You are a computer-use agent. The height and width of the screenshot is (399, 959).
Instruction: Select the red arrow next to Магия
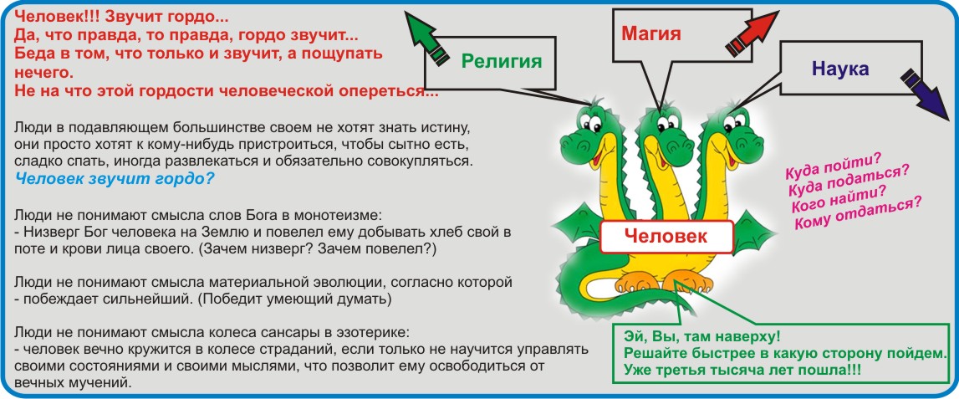753,34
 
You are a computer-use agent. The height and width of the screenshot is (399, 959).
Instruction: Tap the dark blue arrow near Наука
924,89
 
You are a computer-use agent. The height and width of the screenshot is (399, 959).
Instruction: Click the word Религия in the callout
502,61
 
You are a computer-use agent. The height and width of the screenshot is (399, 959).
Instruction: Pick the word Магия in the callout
650,33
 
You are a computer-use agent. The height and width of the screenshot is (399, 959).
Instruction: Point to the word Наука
840,69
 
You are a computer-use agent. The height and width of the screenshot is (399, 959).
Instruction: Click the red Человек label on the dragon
666,238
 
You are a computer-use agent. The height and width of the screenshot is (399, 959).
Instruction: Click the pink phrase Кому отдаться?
858,212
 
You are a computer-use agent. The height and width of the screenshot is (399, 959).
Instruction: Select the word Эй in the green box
632,337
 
